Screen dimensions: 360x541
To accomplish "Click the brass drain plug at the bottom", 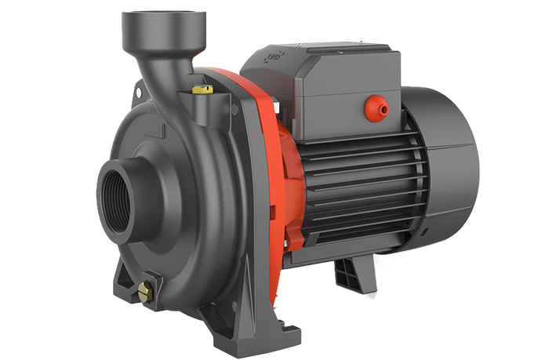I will point(146,291).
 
